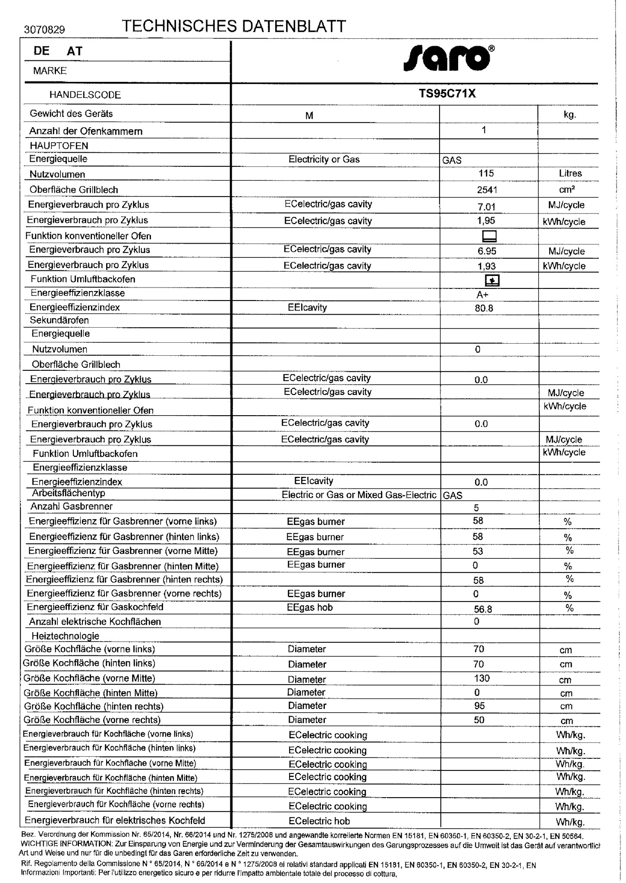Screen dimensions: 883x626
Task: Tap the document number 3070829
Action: (45, 30)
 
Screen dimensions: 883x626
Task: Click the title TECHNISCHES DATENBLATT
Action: (234, 26)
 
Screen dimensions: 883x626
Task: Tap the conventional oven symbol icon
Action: (489, 236)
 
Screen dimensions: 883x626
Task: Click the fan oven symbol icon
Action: (492, 281)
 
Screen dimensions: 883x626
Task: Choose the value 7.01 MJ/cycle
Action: (486, 206)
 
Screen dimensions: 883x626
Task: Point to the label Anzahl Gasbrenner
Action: (71, 507)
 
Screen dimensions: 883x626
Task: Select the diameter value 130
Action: (482, 678)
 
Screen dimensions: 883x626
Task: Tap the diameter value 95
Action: (479, 706)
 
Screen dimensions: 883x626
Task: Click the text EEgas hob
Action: (310, 607)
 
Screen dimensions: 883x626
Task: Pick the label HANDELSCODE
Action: (85, 95)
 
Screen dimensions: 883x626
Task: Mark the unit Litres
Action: (570, 173)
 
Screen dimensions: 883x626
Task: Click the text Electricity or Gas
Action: (324, 160)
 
